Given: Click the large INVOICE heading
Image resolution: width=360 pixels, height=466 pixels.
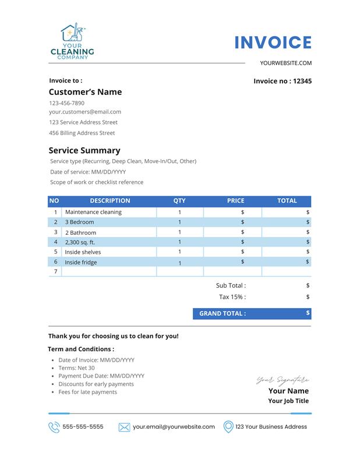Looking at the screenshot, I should click(x=273, y=43).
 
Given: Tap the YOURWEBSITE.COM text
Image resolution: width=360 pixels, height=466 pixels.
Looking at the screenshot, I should click(x=286, y=63).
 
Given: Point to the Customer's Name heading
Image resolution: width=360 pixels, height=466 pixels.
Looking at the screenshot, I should click(x=85, y=92).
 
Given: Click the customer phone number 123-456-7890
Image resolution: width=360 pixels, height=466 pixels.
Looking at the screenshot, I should click(x=66, y=103).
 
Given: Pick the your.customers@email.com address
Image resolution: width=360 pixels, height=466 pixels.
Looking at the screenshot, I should click(x=85, y=112).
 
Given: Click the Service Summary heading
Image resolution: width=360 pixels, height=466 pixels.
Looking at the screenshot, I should click(x=84, y=150).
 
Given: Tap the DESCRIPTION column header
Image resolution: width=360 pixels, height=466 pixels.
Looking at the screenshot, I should click(x=110, y=201).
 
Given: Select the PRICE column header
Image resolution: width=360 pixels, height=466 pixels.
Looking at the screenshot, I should click(x=235, y=201).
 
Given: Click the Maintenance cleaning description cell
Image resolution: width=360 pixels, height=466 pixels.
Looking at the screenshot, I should click(x=93, y=212).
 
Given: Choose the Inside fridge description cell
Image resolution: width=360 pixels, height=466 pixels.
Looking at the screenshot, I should click(x=80, y=262).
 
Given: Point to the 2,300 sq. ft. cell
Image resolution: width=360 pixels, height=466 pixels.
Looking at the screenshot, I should click(x=80, y=242).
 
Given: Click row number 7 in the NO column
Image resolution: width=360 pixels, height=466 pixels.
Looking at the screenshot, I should click(x=55, y=271).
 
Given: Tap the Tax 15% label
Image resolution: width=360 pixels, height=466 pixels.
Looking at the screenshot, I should click(x=232, y=296).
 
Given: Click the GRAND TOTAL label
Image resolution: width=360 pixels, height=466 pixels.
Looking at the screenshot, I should click(x=223, y=313).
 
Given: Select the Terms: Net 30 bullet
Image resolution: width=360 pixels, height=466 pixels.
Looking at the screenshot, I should click(x=76, y=368).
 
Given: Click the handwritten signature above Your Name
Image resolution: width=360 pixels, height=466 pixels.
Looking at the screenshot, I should click(x=283, y=380).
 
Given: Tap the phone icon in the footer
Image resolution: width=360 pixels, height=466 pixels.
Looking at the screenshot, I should click(x=54, y=427).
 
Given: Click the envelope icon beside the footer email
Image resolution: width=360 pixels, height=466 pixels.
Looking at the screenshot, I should click(x=124, y=427).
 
